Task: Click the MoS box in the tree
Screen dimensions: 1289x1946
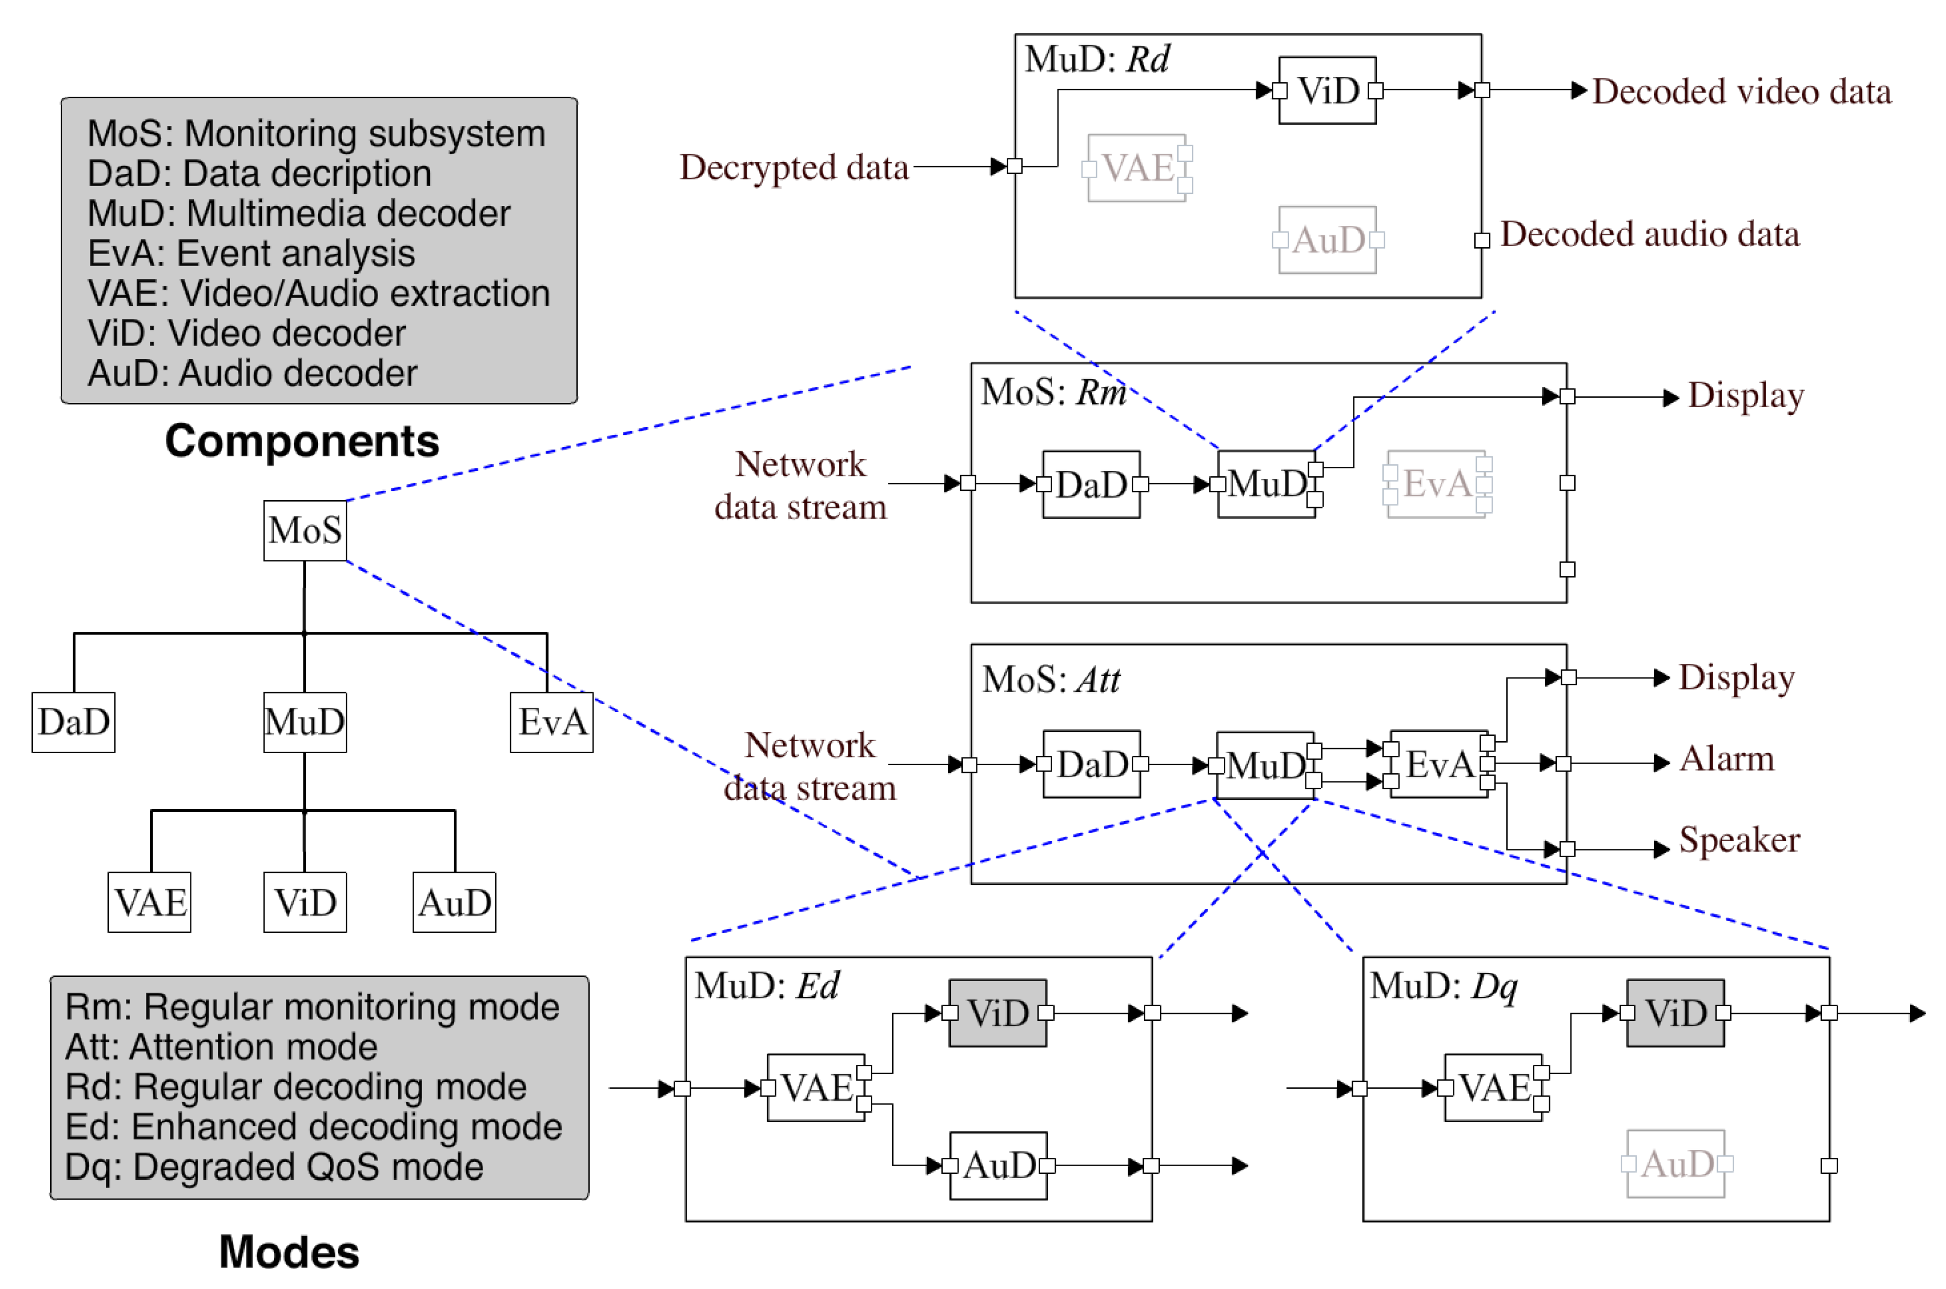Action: click(x=304, y=531)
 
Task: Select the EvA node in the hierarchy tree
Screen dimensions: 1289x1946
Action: click(x=551, y=722)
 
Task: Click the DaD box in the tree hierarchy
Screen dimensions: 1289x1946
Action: click(x=73, y=722)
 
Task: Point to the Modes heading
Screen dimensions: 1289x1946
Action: click(x=289, y=1252)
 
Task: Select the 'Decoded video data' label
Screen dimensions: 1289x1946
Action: click(x=1740, y=92)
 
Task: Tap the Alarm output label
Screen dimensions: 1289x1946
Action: click(x=1726, y=759)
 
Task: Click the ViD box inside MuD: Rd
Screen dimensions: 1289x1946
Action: click(x=1327, y=90)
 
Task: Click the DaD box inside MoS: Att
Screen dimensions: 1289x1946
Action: click(x=1091, y=765)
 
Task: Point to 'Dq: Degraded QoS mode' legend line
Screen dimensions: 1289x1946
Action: click(x=274, y=1167)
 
